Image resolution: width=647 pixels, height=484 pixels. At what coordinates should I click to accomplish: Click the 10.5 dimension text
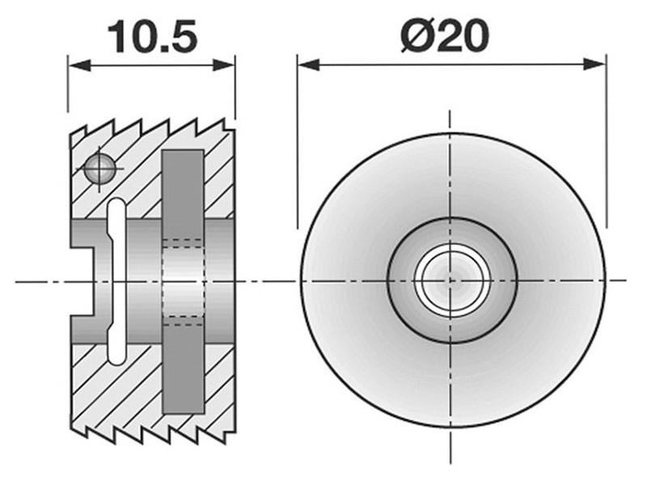[x=153, y=37]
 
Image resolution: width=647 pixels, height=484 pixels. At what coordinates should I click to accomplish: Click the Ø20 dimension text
[x=446, y=36]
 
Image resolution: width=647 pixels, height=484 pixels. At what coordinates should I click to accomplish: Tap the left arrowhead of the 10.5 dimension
[x=79, y=65]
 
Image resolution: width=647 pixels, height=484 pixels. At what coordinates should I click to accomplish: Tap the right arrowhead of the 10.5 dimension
[x=224, y=65]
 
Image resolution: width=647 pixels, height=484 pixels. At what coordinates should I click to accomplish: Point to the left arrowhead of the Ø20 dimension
[x=308, y=65]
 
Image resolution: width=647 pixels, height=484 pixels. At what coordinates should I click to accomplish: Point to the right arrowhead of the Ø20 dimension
[x=595, y=65]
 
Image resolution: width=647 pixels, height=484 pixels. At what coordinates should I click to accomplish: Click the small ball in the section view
[x=99, y=168]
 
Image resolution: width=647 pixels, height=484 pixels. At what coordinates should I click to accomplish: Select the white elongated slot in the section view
[x=116, y=281]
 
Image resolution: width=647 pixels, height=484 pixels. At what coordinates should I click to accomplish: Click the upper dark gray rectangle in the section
[x=183, y=194]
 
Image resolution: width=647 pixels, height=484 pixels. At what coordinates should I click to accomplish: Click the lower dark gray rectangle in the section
[x=184, y=369]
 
